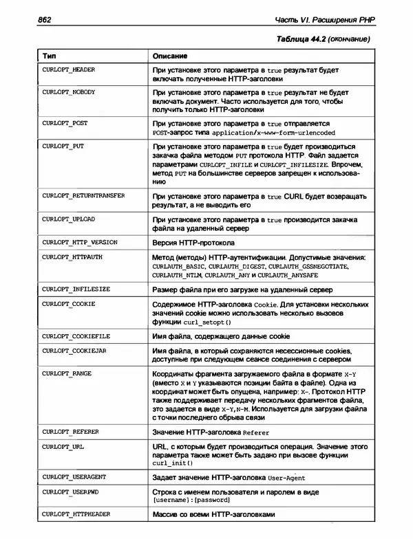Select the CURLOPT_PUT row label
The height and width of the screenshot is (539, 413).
click(x=63, y=146)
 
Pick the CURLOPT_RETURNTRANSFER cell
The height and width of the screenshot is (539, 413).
click(x=83, y=196)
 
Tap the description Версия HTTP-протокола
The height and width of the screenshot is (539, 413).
click(x=193, y=243)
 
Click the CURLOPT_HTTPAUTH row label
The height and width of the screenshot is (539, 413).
click(x=72, y=256)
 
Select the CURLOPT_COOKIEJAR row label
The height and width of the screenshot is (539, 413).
click(x=75, y=351)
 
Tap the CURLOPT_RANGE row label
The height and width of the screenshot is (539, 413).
click(x=67, y=373)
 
